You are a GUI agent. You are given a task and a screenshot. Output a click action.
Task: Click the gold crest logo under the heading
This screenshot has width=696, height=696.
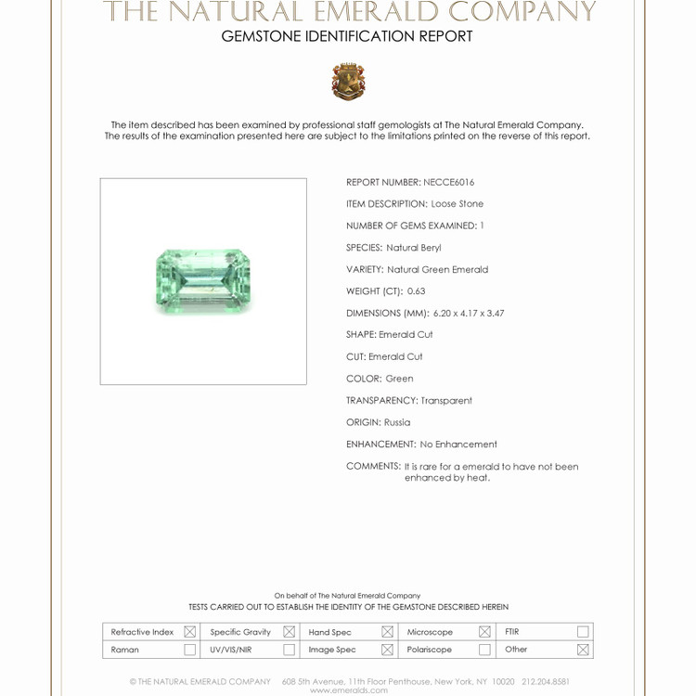348,82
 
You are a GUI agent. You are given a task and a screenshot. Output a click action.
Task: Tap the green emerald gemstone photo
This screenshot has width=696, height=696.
203,280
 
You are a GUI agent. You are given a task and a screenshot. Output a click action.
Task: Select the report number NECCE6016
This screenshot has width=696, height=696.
448,182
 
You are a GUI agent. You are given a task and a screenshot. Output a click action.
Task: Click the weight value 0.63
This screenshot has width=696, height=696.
416,291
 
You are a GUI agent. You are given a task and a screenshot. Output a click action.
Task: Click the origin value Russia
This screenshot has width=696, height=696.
397,422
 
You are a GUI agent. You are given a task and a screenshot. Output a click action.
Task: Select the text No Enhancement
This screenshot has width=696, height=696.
458,445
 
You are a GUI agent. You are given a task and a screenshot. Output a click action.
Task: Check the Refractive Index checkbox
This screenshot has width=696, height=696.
190,632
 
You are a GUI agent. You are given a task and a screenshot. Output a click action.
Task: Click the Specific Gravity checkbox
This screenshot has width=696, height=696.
289,632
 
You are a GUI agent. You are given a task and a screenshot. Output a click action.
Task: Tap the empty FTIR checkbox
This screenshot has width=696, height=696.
583,632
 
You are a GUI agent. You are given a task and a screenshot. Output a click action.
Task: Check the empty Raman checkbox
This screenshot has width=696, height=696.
190,650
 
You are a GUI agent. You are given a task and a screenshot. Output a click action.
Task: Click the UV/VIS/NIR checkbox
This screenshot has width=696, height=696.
289,650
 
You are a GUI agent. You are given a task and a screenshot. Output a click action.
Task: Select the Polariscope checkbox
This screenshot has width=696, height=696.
484,650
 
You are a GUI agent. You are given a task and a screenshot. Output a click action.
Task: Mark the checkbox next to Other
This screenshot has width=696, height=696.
583,650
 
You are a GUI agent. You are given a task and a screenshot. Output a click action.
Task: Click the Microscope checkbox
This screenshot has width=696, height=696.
484,632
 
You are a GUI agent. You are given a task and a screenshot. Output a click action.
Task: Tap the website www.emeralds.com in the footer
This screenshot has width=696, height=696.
348,690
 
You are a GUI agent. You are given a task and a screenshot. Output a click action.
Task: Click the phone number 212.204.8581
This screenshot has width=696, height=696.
545,681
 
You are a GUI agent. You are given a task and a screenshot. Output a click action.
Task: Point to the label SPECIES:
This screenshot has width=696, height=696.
364,248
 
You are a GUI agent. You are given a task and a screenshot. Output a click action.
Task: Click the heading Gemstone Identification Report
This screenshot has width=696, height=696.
347,36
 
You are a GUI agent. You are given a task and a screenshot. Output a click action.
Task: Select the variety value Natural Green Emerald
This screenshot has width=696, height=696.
437,269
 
